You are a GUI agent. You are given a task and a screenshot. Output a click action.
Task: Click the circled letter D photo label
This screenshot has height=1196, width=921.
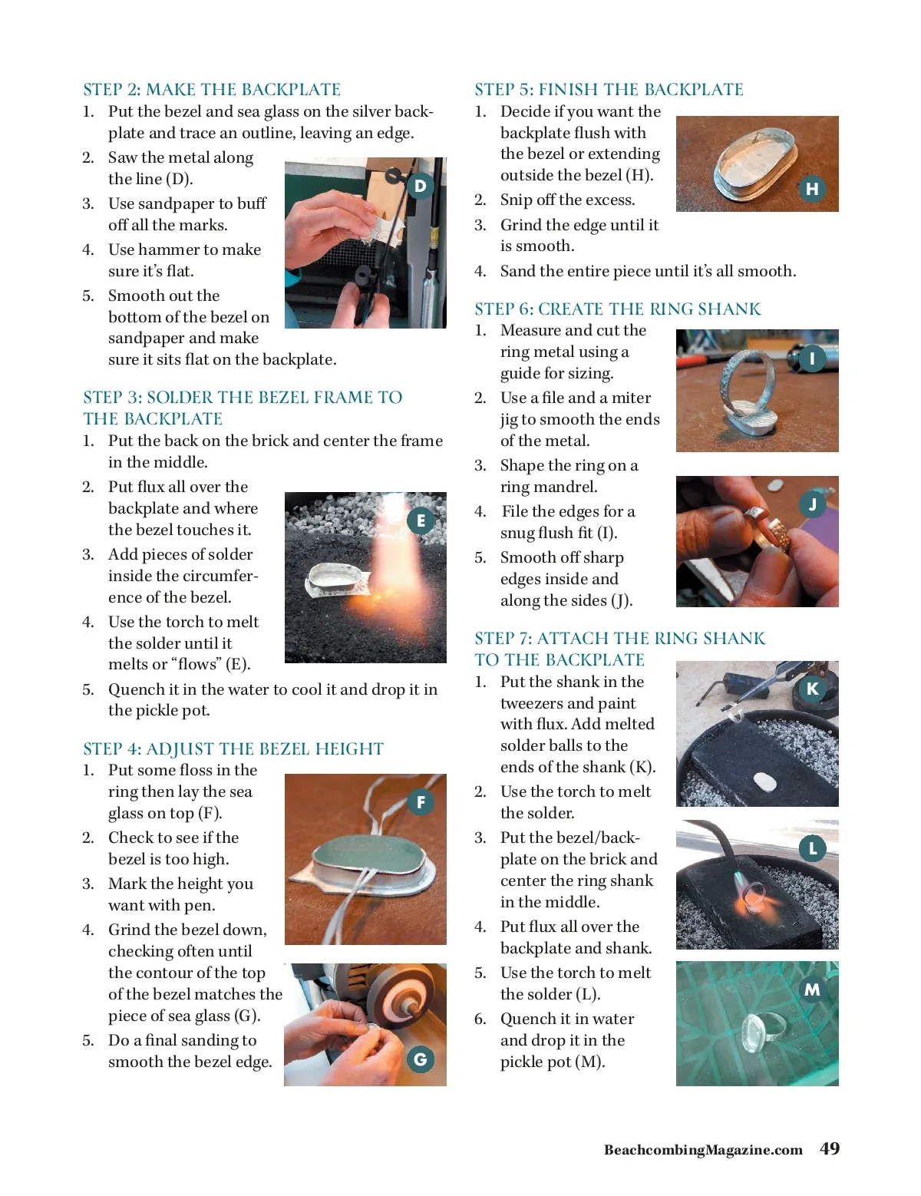coord(420,186)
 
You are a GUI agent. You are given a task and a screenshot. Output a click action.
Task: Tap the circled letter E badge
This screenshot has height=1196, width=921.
coord(421,520)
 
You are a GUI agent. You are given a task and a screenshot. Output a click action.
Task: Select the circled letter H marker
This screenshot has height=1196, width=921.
coord(812,189)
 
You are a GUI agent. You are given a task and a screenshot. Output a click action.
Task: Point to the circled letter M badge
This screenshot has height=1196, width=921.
coord(812,989)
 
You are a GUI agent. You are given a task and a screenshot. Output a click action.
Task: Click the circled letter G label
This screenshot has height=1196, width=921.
coord(420,1059)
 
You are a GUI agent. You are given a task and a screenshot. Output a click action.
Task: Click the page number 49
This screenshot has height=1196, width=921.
coord(830,1148)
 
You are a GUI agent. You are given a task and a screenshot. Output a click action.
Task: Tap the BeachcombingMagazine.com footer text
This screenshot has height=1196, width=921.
coord(703,1150)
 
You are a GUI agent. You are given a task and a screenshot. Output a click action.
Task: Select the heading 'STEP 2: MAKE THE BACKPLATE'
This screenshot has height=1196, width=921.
coord(212,89)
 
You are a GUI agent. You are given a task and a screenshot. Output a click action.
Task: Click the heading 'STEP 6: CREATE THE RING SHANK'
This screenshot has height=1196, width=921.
coord(617,309)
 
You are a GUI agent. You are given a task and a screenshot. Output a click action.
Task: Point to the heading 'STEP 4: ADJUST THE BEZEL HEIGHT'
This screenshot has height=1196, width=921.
coord(233,748)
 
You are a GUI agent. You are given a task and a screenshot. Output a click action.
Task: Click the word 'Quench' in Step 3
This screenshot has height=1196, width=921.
coord(137,689)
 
